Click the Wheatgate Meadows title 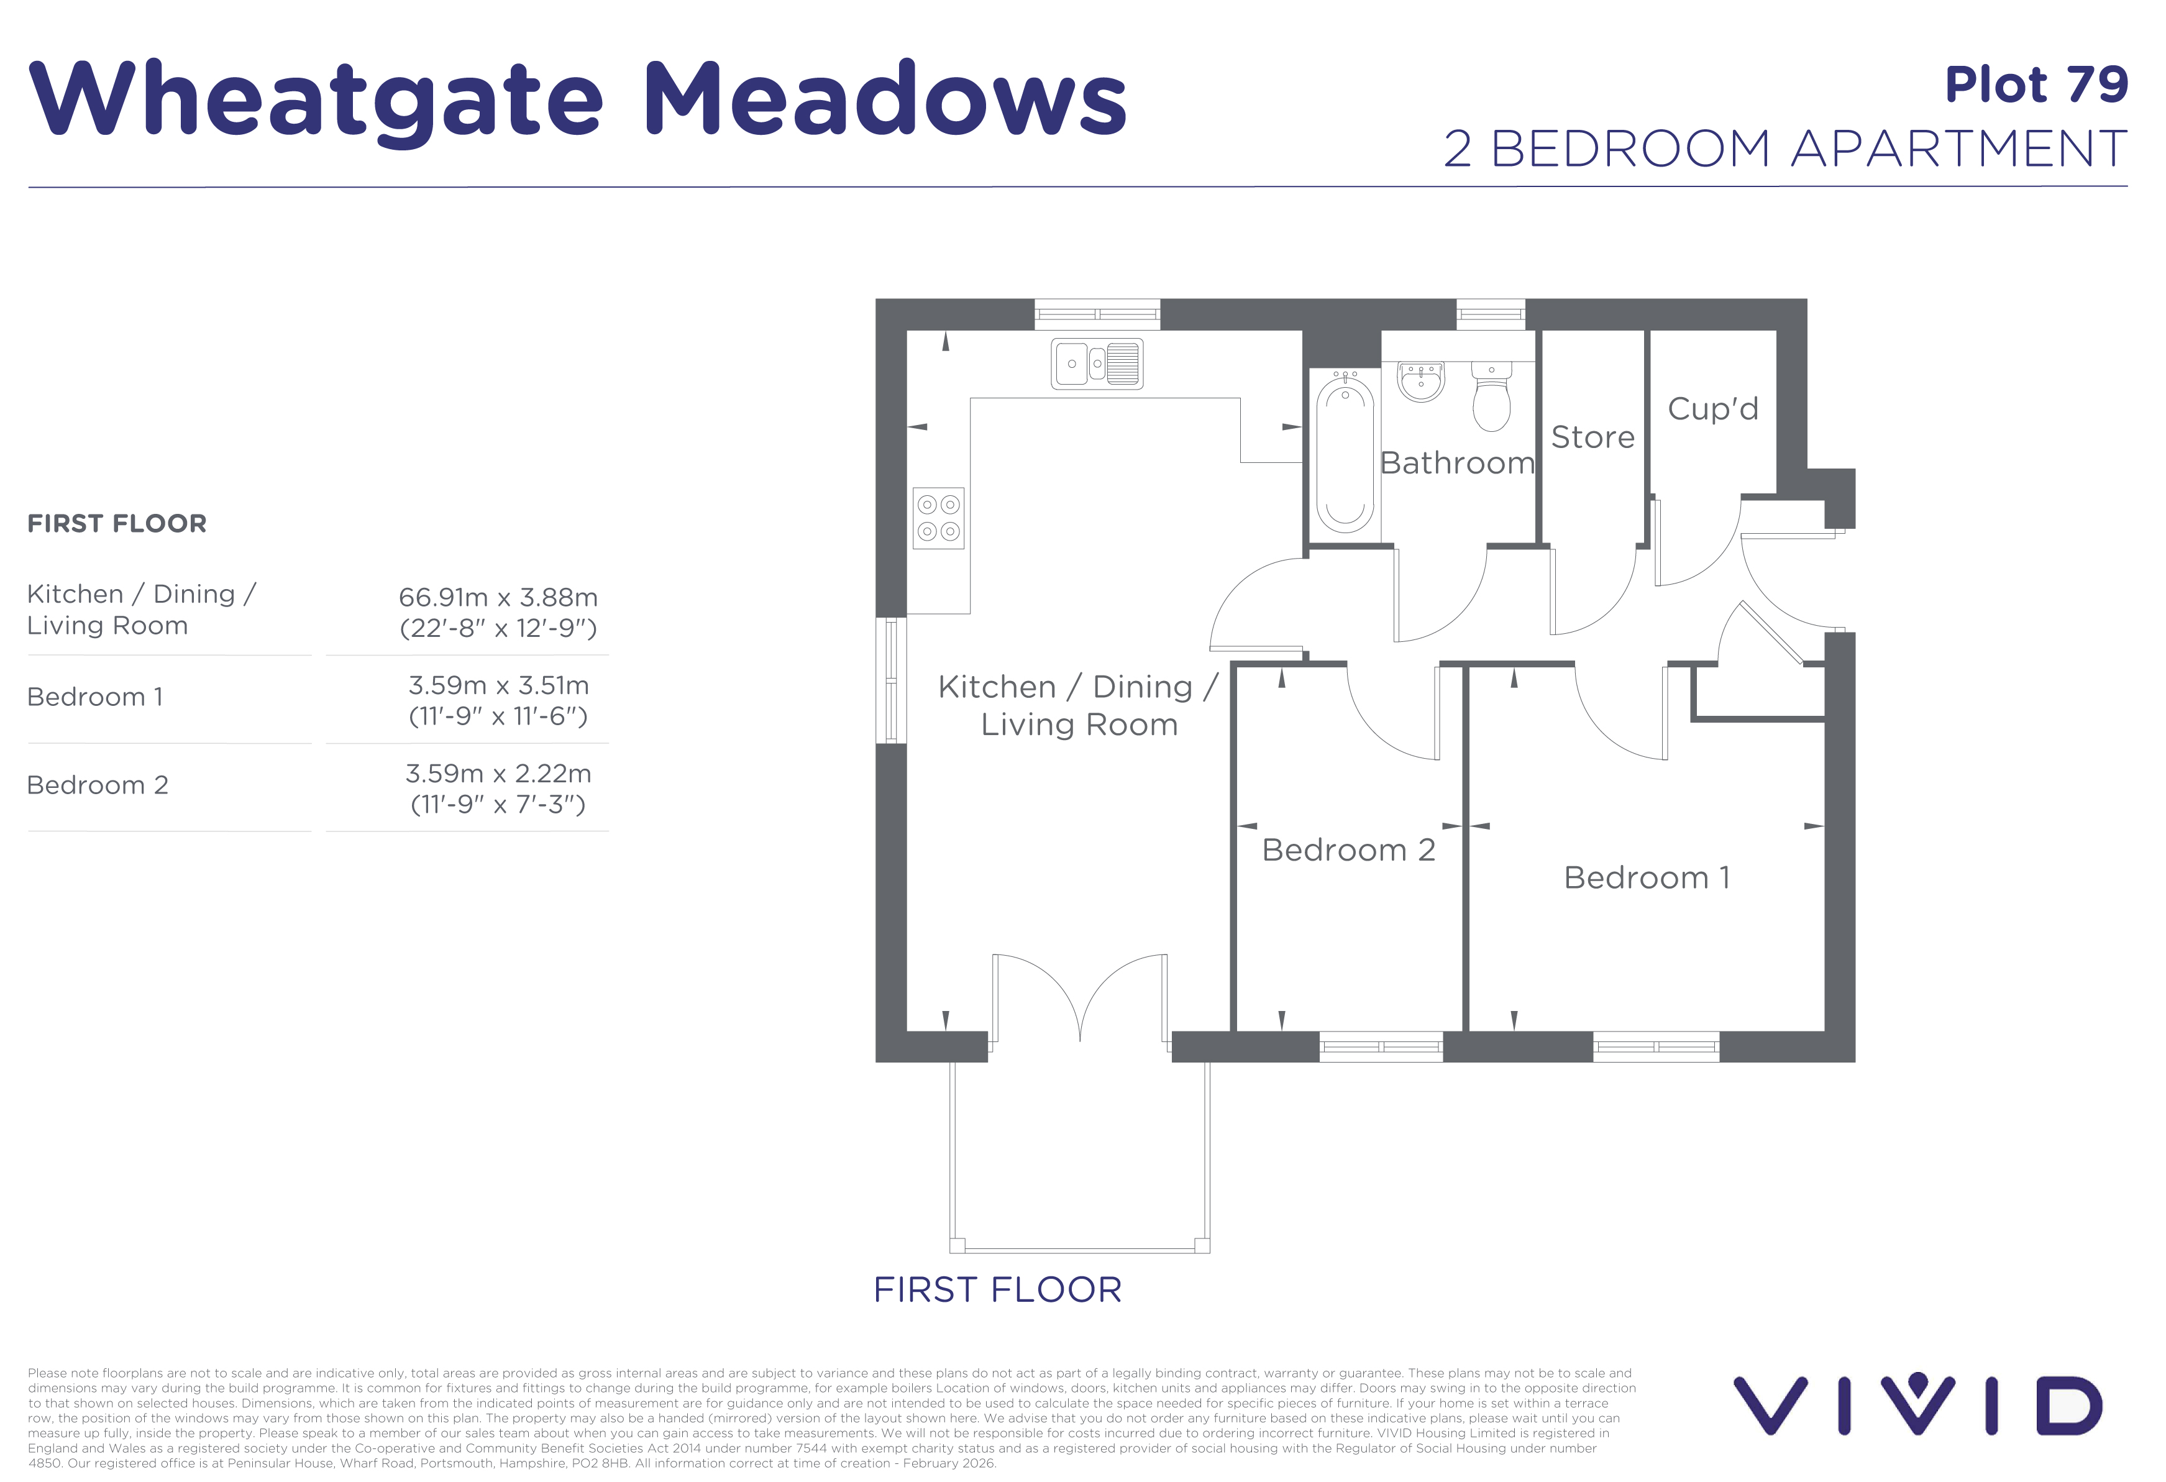(578, 101)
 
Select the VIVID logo (1918, 1404)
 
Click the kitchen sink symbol (1097, 364)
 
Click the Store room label (1593, 437)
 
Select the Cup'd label (1713, 408)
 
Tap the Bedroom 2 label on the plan (1348, 850)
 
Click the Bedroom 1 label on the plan (1647, 878)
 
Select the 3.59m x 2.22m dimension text (498, 774)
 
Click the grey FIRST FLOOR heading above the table (117, 524)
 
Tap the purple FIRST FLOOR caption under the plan (997, 1290)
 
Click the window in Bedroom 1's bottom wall (1656, 1046)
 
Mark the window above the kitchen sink (1097, 314)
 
